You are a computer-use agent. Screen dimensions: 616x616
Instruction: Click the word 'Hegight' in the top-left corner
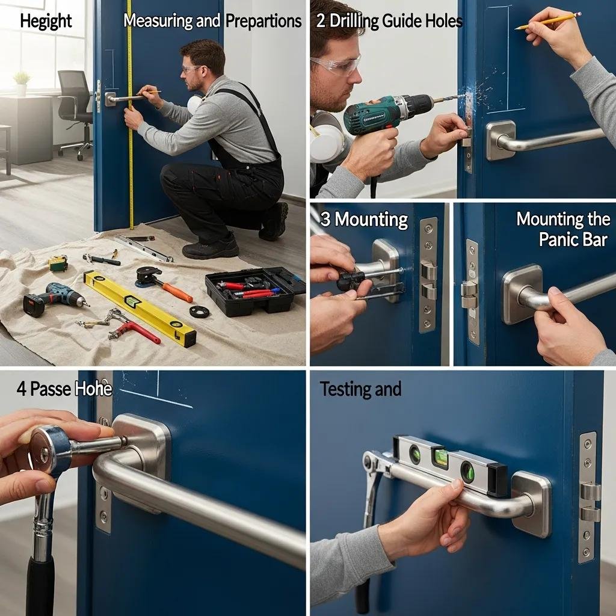[46, 21]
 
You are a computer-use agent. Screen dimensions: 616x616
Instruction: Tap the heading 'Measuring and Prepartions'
[212, 21]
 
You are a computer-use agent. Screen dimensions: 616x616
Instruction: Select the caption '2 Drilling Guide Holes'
[389, 22]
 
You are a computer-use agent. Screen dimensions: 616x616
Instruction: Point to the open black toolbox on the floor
[254, 290]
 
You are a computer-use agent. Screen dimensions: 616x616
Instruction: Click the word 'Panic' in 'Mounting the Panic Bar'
[558, 239]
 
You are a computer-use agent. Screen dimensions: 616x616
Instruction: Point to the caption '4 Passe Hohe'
[64, 389]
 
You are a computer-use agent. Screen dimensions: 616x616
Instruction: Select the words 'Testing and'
[360, 389]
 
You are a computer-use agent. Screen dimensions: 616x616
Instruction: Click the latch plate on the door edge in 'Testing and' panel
[588, 497]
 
